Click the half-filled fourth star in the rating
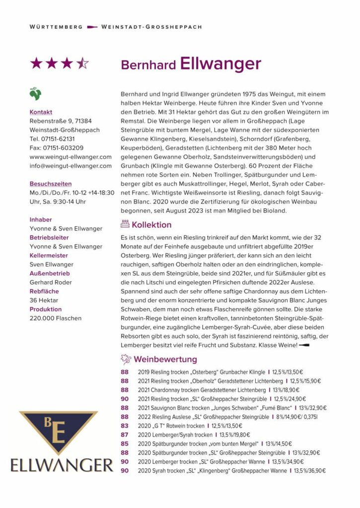82,63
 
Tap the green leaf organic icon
35,93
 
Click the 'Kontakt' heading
41,112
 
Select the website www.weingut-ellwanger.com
71,157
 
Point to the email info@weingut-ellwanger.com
71,166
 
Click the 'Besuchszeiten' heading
51,184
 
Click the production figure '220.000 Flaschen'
55,318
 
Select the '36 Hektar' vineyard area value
44,300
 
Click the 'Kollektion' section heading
151,225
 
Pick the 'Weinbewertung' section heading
165,359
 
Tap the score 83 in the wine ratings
125,426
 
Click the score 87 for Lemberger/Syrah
125,435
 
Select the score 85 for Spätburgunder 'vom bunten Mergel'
125,444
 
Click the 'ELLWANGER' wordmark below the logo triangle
62,465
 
